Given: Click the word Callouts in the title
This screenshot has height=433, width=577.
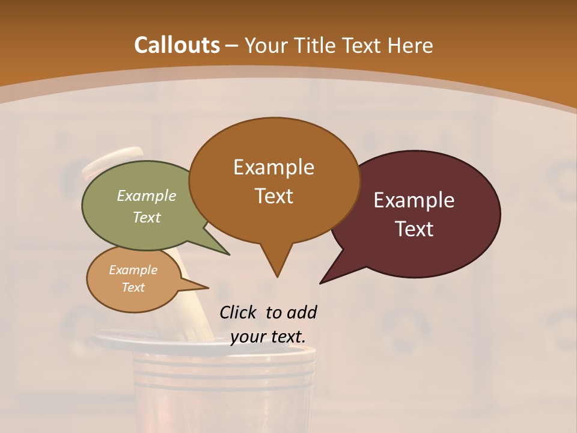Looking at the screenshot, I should pyautogui.click(x=177, y=45).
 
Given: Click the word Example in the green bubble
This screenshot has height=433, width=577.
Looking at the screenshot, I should pyautogui.click(x=147, y=195).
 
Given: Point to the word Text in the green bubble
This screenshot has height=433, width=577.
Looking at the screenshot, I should pyautogui.click(x=147, y=217).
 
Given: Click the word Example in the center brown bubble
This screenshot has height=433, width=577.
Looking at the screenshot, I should pyautogui.click(x=273, y=167).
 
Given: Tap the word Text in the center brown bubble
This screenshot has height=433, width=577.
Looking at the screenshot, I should pyautogui.click(x=273, y=196).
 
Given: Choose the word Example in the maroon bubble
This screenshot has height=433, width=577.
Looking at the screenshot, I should pyautogui.click(x=414, y=200).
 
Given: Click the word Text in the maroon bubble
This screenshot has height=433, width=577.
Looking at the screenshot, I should pyautogui.click(x=414, y=229).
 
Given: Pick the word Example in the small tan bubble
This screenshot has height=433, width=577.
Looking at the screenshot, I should pyautogui.click(x=133, y=270).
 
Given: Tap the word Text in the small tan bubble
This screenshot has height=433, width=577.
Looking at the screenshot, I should pyautogui.click(x=133, y=287).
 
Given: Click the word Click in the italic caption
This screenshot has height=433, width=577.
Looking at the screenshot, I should pyautogui.click(x=239, y=312).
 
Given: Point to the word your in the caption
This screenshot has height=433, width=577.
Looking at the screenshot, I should pyautogui.click(x=248, y=337).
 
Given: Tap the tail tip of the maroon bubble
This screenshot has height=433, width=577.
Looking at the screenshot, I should pyautogui.click(x=321, y=283).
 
